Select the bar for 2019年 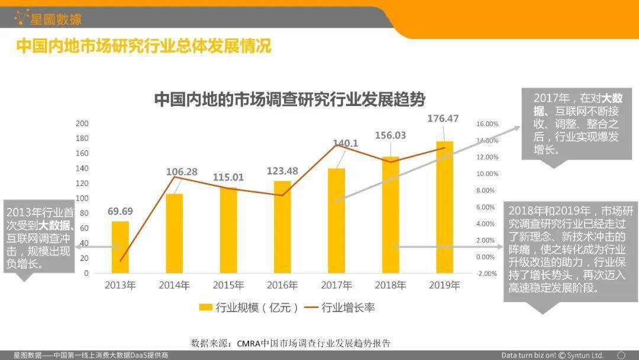pos(444,207)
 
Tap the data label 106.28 pos(182,172)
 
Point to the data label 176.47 pos(443,118)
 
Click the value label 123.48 pos(282,171)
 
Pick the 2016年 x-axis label pos(282,285)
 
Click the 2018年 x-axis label pos(390,285)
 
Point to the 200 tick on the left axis pos(82,123)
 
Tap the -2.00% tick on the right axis pos(488,274)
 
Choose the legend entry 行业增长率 pos(340,307)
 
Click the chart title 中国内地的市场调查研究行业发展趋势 pos(290,98)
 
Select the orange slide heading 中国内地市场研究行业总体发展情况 pos(144,46)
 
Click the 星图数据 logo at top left pos(49,18)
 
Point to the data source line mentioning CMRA pos(291,343)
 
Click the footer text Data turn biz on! pos(528,355)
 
